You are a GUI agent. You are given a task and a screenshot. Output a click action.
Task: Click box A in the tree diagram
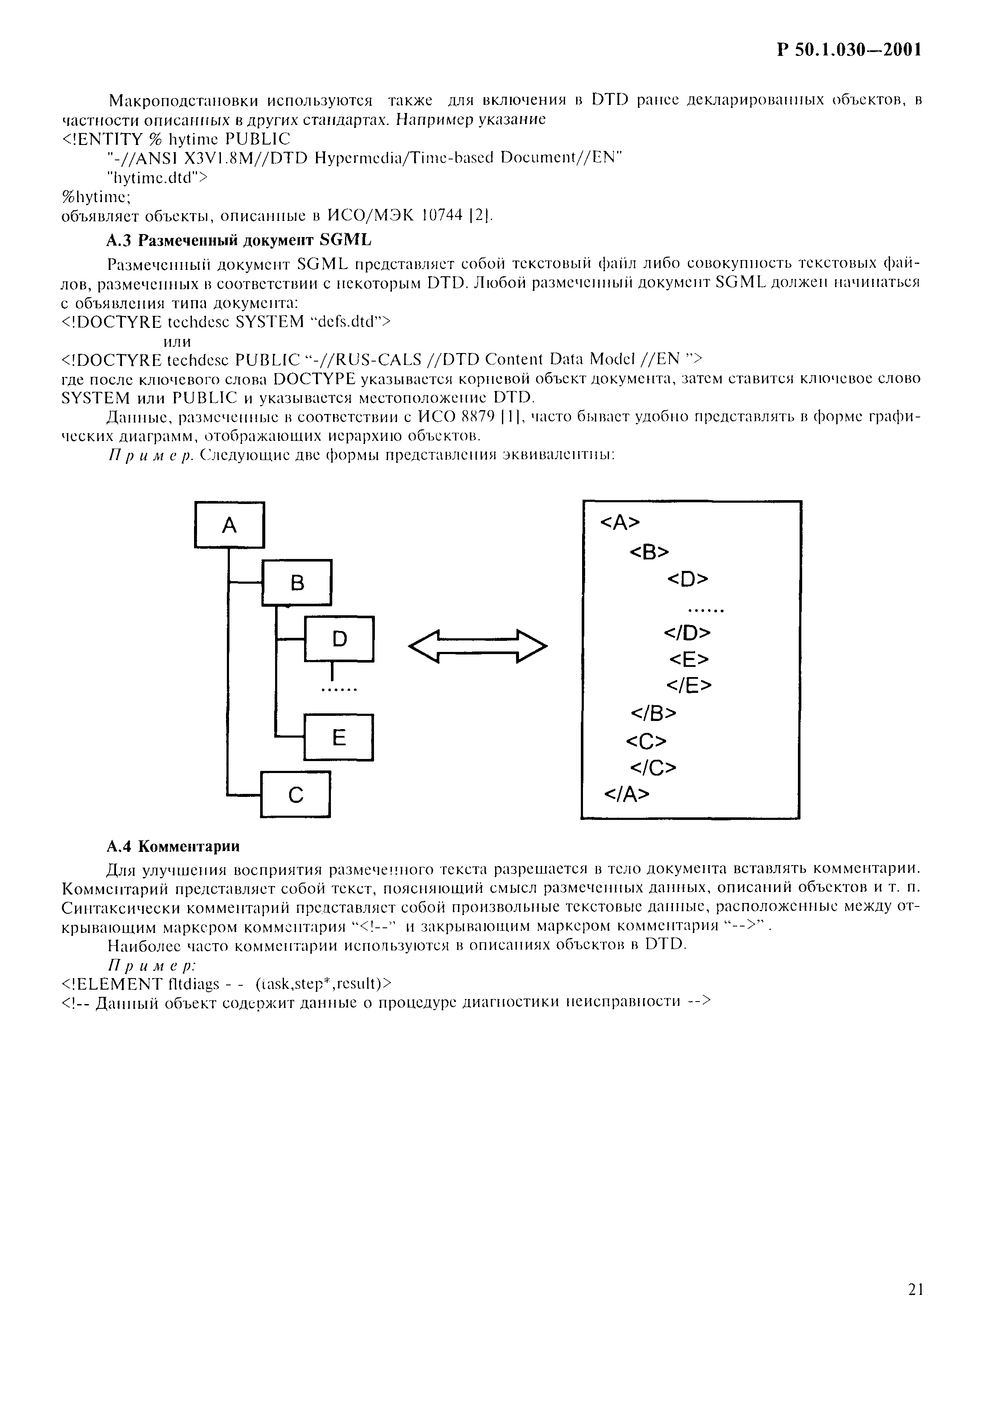(x=229, y=525)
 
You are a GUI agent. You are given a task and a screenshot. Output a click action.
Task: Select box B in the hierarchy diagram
(x=297, y=582)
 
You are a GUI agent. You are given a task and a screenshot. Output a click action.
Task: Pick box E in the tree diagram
(x=339, y=737)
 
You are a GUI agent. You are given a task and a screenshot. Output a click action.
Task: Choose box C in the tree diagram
(x=296, y=794)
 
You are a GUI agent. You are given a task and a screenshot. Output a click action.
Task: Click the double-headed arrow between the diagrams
(x=477, y=646)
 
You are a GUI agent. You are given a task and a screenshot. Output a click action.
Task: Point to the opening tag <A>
(x=619, y=522)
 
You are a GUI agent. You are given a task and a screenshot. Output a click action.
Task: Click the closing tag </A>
(x=626, y=794)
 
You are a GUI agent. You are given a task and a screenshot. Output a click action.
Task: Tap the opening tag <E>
(x=689, y=660)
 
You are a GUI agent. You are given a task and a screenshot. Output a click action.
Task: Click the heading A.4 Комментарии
(x=173, y=847)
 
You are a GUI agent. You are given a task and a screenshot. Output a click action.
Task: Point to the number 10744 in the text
(x=443, y=216)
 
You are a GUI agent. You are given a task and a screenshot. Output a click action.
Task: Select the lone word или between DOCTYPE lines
(x=177, y=341)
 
